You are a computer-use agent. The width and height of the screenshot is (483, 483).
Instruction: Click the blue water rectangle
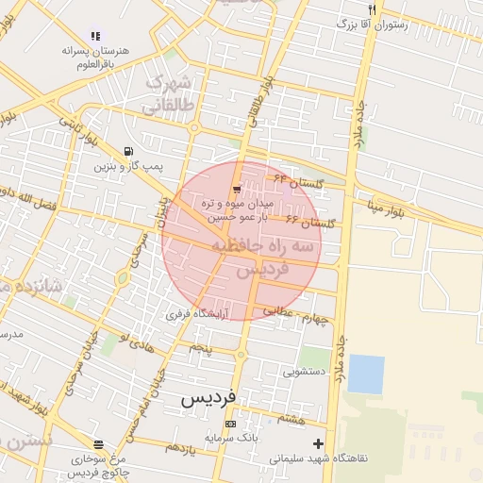[366, 374]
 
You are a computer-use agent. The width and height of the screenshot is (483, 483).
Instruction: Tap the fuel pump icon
[128, 151]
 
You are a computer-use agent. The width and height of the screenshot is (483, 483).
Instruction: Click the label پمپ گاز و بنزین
[128, 167]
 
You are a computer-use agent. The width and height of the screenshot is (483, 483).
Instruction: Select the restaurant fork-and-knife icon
[373, 9]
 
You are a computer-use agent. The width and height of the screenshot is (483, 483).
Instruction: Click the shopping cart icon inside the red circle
[235, 189]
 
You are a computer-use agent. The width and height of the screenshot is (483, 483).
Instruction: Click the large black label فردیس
[208, 399]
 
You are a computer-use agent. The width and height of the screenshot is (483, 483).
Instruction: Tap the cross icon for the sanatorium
[318, 443]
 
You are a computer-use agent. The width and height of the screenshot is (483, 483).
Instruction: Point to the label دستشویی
[303, 372]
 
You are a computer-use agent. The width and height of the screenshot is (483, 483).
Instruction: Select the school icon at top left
[94, 36]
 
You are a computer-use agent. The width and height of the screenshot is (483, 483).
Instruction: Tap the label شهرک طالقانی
[173, 93]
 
